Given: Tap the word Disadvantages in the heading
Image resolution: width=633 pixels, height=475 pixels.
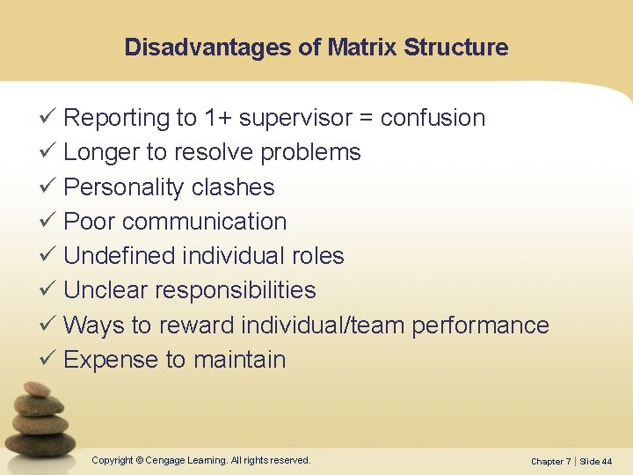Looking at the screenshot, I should [208, 47].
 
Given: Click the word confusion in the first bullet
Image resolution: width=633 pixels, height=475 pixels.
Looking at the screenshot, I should [433, 118].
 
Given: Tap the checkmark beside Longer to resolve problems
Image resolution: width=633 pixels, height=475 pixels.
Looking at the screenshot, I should [49, 152].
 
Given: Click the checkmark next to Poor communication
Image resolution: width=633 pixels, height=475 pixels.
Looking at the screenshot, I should [49, 222].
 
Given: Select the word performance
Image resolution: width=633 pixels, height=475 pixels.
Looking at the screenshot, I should [480, 325].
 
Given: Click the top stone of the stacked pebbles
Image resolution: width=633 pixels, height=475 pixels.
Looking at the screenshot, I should [36, 389].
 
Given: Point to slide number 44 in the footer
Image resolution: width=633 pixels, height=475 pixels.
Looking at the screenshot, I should [607, 462].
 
